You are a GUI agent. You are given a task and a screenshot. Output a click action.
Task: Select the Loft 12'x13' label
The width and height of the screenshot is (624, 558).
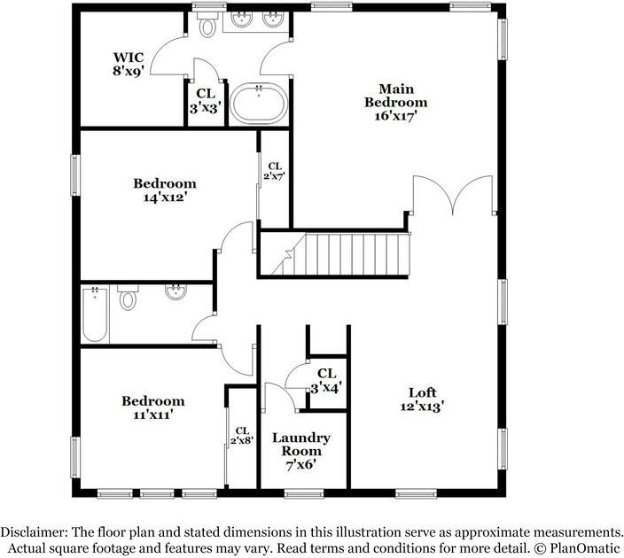pos(422,399)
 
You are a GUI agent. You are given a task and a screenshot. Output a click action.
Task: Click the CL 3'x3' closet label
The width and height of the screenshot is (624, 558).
pos(205,99)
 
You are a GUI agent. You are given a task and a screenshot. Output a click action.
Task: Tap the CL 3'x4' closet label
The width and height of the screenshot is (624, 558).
pos(326,380)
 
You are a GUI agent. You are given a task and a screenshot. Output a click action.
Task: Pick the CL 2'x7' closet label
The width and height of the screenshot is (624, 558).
pos(275,170)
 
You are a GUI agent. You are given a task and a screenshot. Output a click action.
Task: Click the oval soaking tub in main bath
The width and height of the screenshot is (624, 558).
pos(259,104)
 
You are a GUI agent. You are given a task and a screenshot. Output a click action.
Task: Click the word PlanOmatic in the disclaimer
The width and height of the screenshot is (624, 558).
pos(583,547)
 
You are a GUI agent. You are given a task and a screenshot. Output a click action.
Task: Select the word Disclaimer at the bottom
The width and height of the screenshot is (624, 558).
pos(34,531)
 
